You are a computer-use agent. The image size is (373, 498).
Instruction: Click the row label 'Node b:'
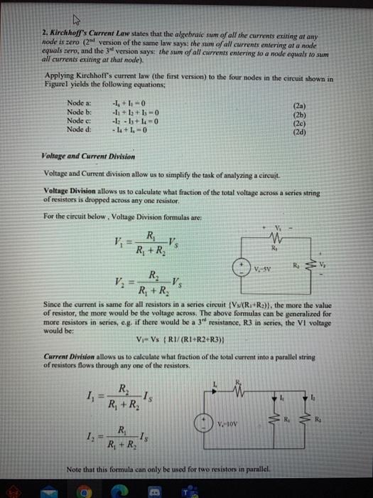click(76, 117)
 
